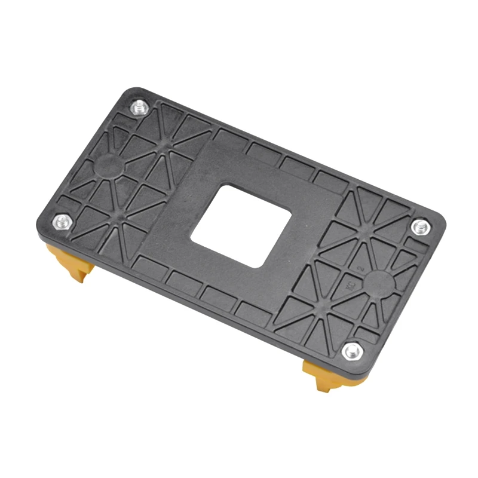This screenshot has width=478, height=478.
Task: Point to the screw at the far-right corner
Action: tap(420, 226)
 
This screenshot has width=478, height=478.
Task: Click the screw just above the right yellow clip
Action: tap(351, 351)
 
